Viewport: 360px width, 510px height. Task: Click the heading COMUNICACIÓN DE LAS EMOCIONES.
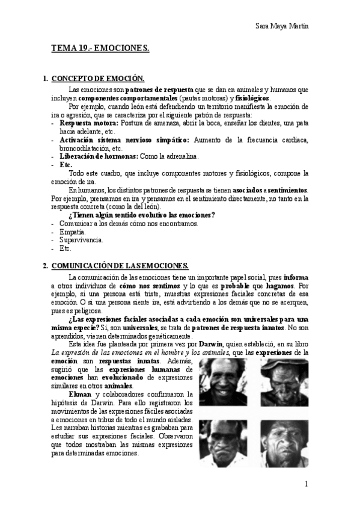pos(120,265)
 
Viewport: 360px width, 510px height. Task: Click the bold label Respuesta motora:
pos(88,123)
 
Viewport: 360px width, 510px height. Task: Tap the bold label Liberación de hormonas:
pos(99,156)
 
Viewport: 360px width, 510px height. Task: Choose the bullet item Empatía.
pos(72,232)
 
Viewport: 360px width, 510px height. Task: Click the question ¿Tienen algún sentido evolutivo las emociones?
pos(142,215)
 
